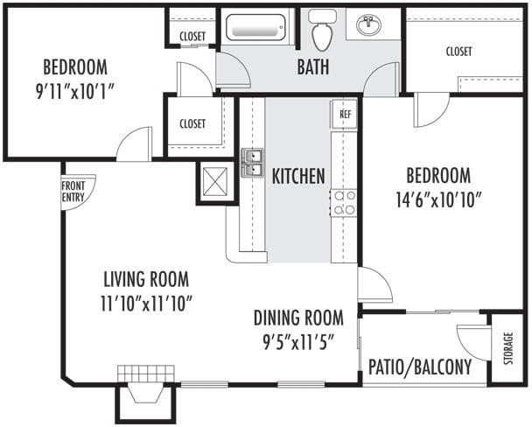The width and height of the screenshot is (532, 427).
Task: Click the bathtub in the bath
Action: pos(258,27)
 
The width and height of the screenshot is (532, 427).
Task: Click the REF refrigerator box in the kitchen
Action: pos(345,114)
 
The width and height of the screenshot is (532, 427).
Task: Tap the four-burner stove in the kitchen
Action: pos(345,204)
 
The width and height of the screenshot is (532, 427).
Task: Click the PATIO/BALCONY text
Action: pos(420,367)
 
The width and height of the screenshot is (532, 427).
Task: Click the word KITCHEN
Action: pos(298,176)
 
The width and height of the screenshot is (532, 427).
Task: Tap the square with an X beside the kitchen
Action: pos(214,181)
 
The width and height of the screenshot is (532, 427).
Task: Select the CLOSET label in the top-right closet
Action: pos(458,52)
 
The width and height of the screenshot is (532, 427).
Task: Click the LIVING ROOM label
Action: pos(146,280)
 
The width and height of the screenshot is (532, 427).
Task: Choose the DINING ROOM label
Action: pos(298,317)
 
